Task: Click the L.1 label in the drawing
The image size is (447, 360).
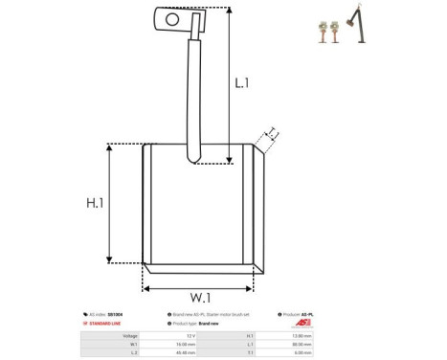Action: (241, 83)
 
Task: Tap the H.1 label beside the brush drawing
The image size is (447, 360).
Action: (95, 204)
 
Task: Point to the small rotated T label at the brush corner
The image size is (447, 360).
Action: (272, 132)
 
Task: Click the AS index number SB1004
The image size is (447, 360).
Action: (114, 314)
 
